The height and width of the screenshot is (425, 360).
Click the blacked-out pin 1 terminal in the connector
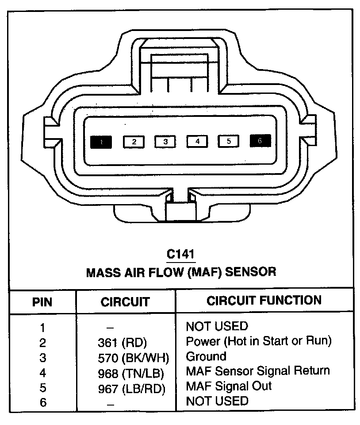(x=101, y=142)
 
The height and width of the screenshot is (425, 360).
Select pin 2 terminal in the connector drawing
(x=134, y=142)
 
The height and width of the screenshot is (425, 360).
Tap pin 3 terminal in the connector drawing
(x=165, y=142)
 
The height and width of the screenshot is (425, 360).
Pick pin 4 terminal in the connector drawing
(x=197, y=142)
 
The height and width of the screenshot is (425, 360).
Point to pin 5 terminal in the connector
(x=228, y=142)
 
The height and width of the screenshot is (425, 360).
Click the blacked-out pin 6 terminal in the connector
(x=260, y=141)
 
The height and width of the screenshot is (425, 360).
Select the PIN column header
(x=42, y=302)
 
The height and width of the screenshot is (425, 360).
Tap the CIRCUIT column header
(x=125, y=302)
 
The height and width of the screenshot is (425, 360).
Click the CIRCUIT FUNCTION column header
(x=264, y=301)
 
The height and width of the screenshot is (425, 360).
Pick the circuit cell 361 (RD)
(x=122, y=342)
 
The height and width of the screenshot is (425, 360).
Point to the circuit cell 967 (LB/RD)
(x=131, y=388)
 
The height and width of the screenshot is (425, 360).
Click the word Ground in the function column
(x=206, y=356)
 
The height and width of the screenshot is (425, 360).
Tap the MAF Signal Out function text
(x=229, y=386)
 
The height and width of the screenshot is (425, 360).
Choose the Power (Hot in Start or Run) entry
(x=258, y=341)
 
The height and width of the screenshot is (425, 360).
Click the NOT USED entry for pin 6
(x=217, y=401)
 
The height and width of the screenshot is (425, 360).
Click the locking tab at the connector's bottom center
(x=180, y=208)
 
